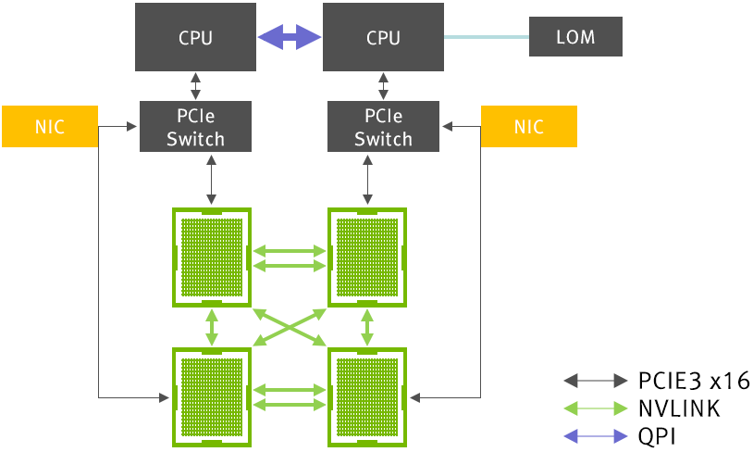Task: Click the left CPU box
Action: (x=195, y=37)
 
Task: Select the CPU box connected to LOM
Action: (x=383, y=37)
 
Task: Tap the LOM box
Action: (x=575, y=37)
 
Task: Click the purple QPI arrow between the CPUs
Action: (x=289, y=37)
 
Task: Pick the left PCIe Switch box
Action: (x=195, y=127)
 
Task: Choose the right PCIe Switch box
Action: (x=383, y=127)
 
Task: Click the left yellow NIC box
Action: (x=49, y=127)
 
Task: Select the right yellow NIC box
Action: (x=529, y=127)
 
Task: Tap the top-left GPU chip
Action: (x=212, y=257)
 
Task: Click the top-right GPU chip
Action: (x=368, y=257)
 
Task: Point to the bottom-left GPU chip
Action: (x=212, y=396)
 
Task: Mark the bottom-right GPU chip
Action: (x=368, y=396)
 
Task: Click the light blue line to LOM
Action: (x=486, y=37)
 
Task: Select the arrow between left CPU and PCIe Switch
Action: (x=195, y=86)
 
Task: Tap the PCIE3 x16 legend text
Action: (x=693, y=380)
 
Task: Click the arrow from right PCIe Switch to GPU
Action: (x=369, y=179)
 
